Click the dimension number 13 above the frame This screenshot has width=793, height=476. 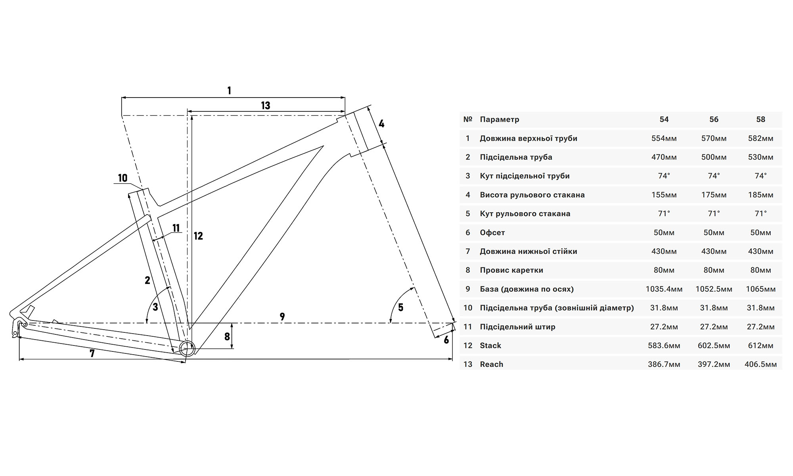click(265, 106)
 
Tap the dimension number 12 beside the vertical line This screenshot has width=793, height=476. click(198, 236)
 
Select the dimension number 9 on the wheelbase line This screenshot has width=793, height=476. click(282, 317)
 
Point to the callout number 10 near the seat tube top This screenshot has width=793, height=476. click(123, 178)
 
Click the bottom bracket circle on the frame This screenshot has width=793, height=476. click(187, 349)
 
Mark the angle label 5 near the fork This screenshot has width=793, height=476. click(400, 307)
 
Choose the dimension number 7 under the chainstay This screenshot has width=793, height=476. click(92, 353)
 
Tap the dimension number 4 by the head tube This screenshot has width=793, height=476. click(381, 124)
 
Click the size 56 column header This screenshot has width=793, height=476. click(714, 119)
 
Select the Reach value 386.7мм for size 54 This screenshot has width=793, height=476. click(664, 364)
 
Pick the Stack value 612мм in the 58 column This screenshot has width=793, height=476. click(760, 345)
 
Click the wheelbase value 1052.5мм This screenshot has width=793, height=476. click(714, 289)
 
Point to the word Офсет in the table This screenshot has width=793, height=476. click(492, 232)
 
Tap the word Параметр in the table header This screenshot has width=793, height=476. click(499, 119)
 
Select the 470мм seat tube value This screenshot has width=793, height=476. click(664, 157)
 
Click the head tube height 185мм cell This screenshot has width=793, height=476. click(760, 195)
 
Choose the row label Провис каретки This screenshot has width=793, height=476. click(511, 270)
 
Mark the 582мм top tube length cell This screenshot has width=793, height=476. click(760, 138)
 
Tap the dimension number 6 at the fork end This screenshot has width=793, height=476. click(446, 340)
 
